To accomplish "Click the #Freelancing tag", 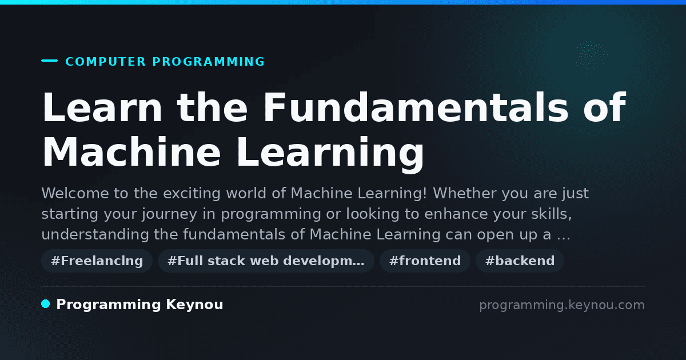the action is (97, 261).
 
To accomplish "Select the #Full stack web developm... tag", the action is (266, 261).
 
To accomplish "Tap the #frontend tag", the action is (425, 261).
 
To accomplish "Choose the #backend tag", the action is (520, 261).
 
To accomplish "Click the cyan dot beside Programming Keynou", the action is (46, 304).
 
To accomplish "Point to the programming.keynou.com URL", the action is (562, 305).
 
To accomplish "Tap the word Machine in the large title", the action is (131, 152).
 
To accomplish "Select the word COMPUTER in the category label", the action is (106, 62).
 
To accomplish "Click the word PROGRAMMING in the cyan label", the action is (209, 62).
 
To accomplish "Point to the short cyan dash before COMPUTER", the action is (49, 61).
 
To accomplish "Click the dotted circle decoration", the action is (591, 57).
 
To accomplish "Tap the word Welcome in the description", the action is (75, 193).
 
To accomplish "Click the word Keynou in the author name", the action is (194, 305).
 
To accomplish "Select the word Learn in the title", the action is (102, 107).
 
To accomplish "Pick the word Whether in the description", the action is (465, 193).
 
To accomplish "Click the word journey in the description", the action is (169, 214).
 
